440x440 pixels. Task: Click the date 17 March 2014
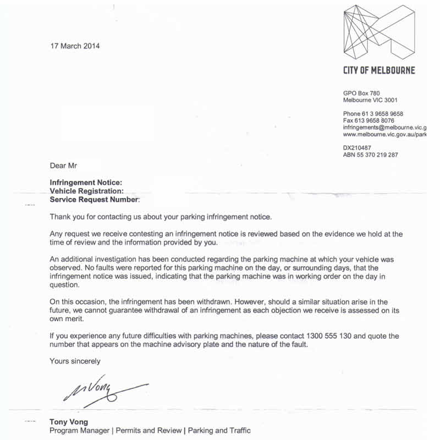[75, 46]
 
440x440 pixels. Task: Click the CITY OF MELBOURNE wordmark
[379, 70]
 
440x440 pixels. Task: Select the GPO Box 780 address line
[361, 94]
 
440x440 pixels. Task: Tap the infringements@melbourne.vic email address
[384, 127]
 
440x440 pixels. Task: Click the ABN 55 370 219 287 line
[370, 155]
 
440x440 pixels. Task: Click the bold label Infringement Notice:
[86, 183]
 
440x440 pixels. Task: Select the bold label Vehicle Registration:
[86, 191]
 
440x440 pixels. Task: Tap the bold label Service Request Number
[95, 200]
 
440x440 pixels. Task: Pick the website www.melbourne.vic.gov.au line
[384, 134]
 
